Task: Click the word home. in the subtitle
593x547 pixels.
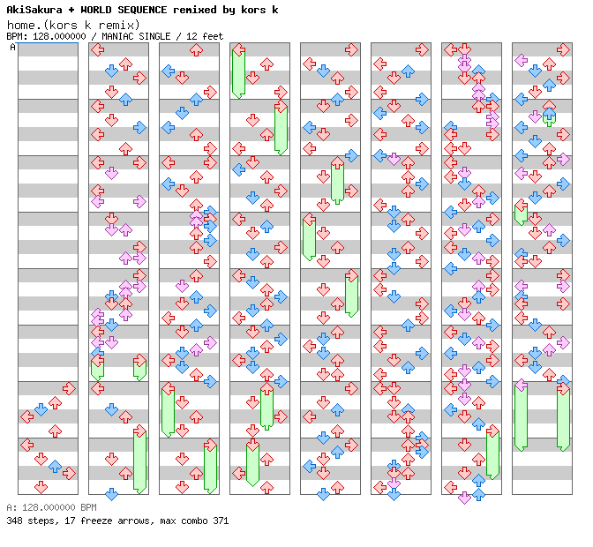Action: [x=26, y=24]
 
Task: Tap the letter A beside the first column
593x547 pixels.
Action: [x=12, y=48]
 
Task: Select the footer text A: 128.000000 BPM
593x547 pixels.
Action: [x=51, y=508]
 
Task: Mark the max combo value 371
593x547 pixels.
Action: [x=219, y=521]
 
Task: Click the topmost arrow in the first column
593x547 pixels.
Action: [x=69, y=388]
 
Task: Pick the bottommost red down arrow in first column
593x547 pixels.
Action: [x=41, y=487]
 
